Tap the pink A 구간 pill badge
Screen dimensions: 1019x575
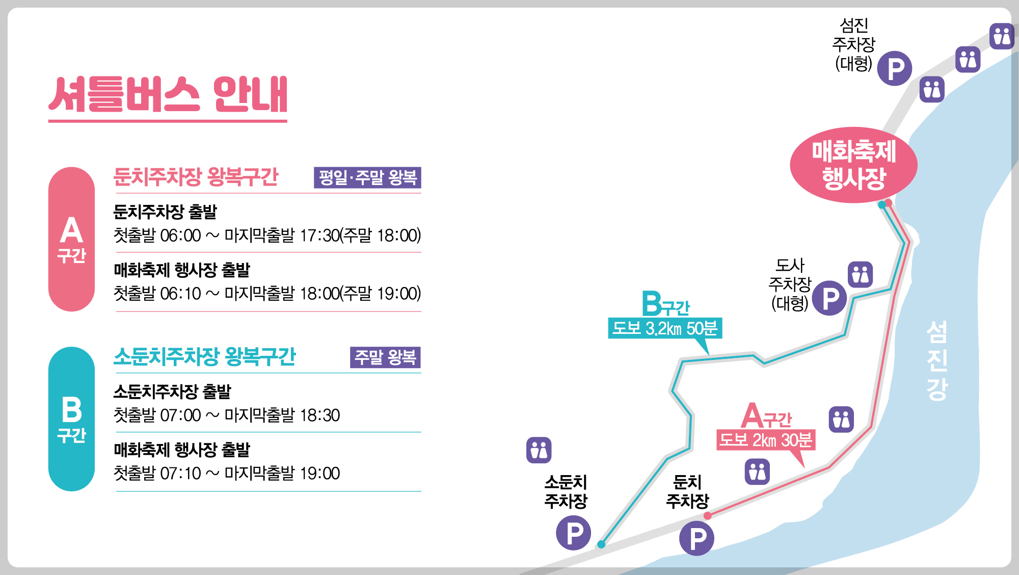(x=71, y=239)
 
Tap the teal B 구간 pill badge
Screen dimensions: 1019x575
(x=71, y=419)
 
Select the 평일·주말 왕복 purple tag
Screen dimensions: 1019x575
(x=367, y=177)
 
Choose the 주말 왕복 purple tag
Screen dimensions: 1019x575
(x=385, y=357)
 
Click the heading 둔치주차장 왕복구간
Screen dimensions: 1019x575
(x=196, y=177)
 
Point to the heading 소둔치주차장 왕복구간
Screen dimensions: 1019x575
(x=204, y=356)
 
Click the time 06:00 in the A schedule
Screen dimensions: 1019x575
(x=180, y=236)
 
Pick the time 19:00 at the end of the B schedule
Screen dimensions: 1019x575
(x=319, y=474)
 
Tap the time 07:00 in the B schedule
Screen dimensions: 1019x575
(x=180, y=415)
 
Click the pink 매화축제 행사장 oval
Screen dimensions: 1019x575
(x=853, y=165)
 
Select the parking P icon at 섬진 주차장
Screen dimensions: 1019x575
(x=895, y=68)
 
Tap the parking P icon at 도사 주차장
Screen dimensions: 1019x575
(x=829, y=298)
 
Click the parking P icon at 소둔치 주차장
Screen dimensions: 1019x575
(x=574, y=533)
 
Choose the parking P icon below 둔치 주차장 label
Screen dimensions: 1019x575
(x=696, y=538)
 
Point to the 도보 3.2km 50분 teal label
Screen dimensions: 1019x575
(x=665, y=328)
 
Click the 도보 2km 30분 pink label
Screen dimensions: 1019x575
(x=766, y=439)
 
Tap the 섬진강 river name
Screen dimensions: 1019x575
(x=936, y=360)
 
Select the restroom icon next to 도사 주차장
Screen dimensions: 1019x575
(x=861, y=274)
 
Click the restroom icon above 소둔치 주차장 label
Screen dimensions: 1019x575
(x=539, y=450)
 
